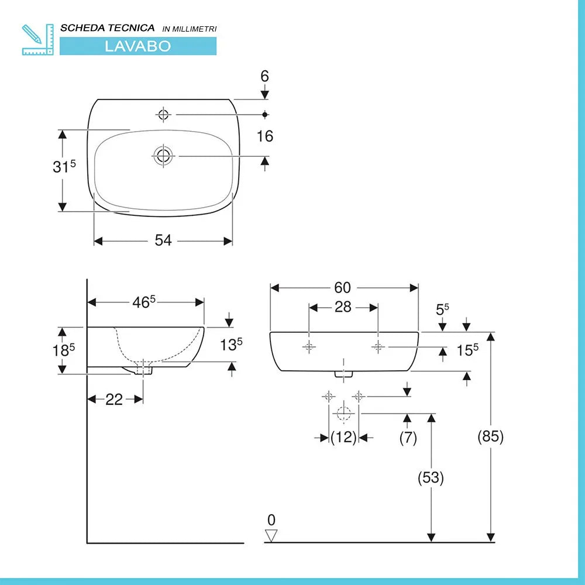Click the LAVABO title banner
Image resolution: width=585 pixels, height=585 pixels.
click(x=137, y=46)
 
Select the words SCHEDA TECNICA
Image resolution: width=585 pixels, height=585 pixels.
click(x=108, y=28)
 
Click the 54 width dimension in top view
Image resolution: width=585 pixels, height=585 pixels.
click(x=163, y=240)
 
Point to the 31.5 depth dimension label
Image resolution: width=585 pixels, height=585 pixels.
click(x=64, y=167)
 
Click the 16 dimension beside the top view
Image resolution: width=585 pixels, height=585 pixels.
click(x=265, y=136)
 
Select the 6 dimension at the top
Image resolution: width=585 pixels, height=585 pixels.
click(x=264, y=76)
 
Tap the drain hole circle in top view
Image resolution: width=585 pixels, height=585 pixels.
click(x=163, y=156)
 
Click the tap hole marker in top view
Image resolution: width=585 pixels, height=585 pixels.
click(x=163, y=115)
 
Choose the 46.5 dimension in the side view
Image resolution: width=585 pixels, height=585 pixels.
click(x=144, y=302)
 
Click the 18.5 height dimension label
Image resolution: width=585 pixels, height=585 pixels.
click(x=64, y=350)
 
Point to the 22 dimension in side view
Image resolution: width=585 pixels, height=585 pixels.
click(x=114, y=399)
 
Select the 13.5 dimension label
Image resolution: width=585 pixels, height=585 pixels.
click(x=232, y=345)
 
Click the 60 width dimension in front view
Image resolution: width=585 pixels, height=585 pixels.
click(x=343, y=287)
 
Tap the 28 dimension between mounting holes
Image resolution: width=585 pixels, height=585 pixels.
click(x=343, y=307)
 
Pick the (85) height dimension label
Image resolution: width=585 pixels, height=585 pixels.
click(x=490, y=436)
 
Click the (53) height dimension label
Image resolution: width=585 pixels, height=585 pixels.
click(x=431, y=478)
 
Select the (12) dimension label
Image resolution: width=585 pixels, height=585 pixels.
click(x=343, y=437)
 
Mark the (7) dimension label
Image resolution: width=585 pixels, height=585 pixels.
click(x=408, y=437)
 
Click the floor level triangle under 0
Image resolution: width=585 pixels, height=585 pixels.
click(x=271, y=535)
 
